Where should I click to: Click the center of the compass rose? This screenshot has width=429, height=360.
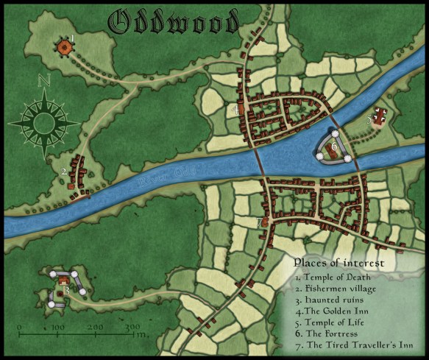(44, 118)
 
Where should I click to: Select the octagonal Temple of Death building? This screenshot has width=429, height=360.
(65, 47)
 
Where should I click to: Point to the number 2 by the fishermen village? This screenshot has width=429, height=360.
(64, 172)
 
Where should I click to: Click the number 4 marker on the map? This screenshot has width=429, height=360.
(235, 109)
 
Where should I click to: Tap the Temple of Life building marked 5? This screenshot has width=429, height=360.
(380, 116)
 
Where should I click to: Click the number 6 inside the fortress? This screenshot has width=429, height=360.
(334, 147)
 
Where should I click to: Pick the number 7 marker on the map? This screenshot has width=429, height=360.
(260, 222)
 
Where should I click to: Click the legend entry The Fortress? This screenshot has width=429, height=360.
(330, 333)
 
